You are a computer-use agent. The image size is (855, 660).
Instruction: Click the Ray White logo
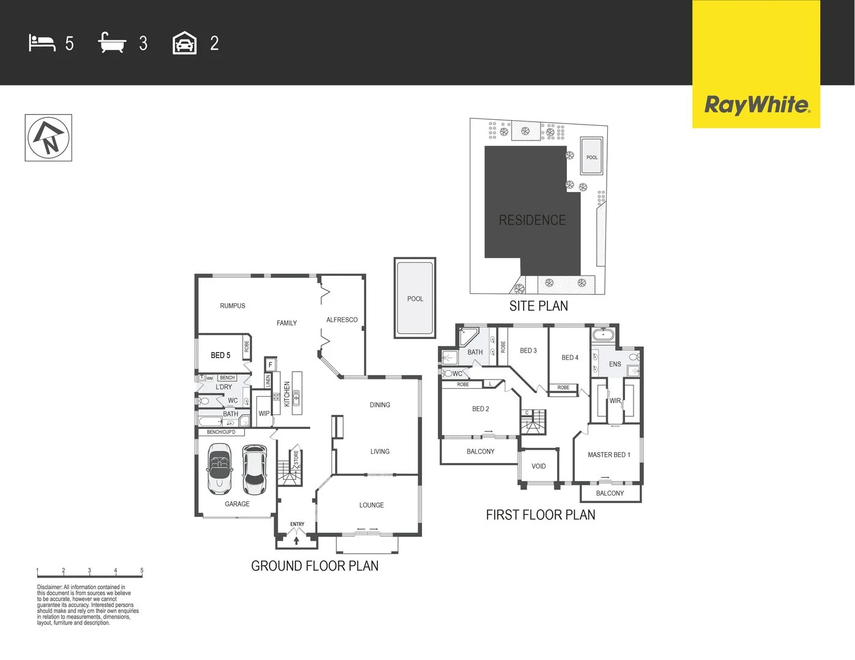[757, 105]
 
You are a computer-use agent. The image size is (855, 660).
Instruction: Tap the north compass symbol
[48, 138]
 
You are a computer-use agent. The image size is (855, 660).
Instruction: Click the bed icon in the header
[42, 43]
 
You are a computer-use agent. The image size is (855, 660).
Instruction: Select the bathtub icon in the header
[112, 43]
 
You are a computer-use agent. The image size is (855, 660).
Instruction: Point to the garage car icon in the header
[185, 43]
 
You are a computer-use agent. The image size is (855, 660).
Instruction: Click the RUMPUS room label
[232, 306]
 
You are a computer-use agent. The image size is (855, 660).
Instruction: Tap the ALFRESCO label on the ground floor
[342, 320]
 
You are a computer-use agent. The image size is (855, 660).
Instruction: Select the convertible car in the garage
[220, 469]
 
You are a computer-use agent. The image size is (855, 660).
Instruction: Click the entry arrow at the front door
[297, 540]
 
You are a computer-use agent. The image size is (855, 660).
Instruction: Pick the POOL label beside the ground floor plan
[415, 299]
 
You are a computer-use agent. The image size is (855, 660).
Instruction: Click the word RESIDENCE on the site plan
[532, 220]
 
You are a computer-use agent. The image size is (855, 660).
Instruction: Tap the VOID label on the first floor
[539, 466]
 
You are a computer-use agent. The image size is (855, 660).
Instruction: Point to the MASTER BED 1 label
[609, 455]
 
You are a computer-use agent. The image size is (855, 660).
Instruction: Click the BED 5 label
[220, 355]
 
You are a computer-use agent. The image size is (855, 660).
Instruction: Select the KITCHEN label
[287, 394]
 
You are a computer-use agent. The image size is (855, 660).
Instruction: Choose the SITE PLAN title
[538, 306]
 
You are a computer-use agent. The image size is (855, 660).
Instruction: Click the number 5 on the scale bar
[142, 570]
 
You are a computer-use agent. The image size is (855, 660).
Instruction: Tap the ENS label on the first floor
[615, 364]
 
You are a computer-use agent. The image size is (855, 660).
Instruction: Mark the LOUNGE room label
[371, 505]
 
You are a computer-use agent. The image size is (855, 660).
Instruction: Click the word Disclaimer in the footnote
[50, 587]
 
